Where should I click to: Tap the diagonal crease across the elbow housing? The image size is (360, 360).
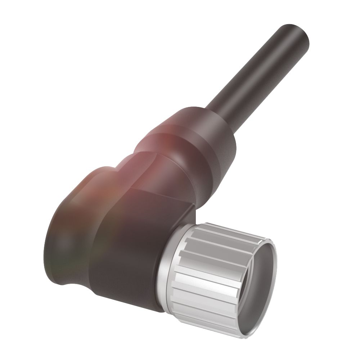pos(158,187)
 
